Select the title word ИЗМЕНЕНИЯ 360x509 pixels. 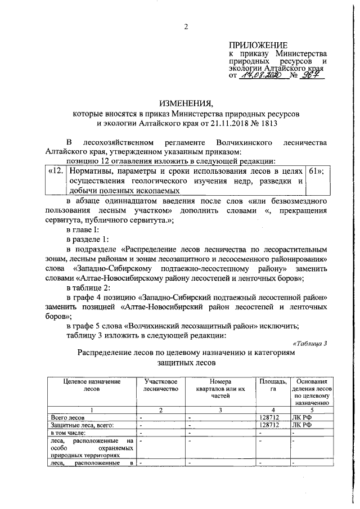(x=185, y=104)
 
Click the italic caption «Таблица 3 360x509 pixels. (x=309, y=343)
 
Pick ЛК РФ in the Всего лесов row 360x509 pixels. (x=301, y=417)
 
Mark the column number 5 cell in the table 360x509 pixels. (x=311, y=409)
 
